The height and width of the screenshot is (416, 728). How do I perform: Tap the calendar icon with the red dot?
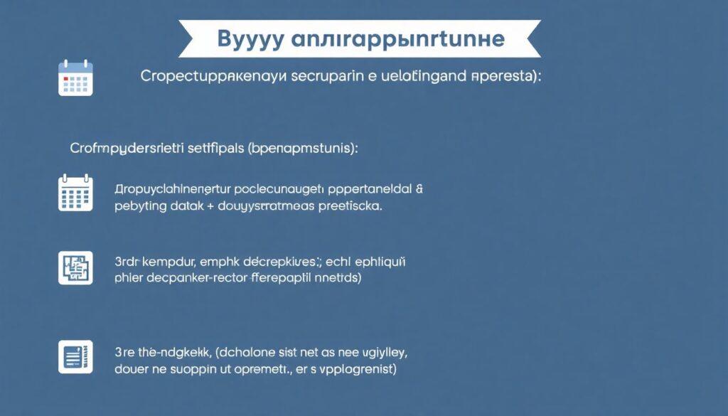pos(75,78)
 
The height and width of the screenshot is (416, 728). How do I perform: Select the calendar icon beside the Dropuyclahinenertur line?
pos(75,193)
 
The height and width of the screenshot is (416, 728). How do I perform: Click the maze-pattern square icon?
pos(75,267)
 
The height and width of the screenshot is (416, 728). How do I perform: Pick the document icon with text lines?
pos(75,356)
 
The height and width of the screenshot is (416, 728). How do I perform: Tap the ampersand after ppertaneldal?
pos(419,189)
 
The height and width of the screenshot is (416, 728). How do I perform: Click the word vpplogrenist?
pos(356,370)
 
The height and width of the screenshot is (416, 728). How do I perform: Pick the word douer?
pos(131,369)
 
